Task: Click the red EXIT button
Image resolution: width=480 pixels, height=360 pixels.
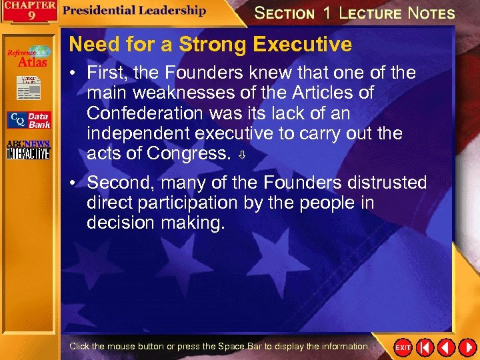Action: click(403, 347)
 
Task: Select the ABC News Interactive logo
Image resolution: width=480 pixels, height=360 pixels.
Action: click(28, 150)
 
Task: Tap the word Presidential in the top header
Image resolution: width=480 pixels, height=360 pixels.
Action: click(99, 10)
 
